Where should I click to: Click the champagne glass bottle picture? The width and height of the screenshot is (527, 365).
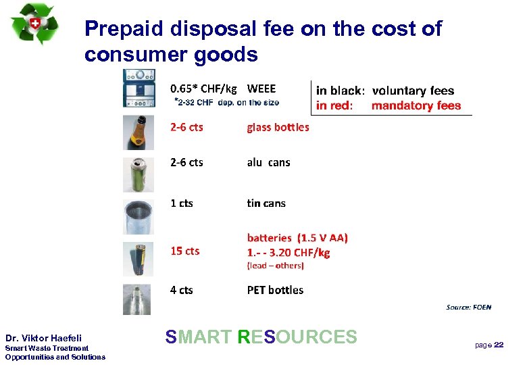pyautogui.click(x=137, y=132)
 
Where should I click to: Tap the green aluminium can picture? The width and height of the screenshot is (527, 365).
pyautogui.click(x=137, y=174)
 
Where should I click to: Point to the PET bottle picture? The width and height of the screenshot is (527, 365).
pyautogui.click(x=137, y=298)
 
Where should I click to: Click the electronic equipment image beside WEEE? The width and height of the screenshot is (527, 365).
pyautogui.click(x=143, y=88)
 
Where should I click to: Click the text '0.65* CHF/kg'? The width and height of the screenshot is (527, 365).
pyautogui.click(x=203, y=89)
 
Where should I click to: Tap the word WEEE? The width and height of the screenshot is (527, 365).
pyautogui.click(x=261, y=89)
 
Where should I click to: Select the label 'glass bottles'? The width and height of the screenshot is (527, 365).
pyautogui.click(x=278, y=127)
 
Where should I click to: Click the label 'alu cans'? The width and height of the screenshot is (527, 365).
pyautogui.click(x=268, y=162)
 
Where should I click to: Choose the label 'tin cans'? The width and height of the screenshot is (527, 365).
pyautogui.click(x=266, y=203)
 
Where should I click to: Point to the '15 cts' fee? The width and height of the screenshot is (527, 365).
pyautogui.click(x=185, y=251)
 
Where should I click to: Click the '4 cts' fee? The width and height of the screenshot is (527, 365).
pyautogui.click(x=182, y=290)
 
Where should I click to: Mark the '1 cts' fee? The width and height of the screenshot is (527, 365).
pyautogui.click(x=182, y=203)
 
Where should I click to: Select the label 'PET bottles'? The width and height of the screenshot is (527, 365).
pyautogui.click(x=275, y=290)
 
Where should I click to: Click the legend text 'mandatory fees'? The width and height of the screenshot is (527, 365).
pyautogui.click(x=416, y=105)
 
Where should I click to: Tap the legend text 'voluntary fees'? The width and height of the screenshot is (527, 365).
pyautogui.click(x=413, y=91)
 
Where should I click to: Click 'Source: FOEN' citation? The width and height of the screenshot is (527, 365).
pyautogui.click(x=469, y=308)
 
